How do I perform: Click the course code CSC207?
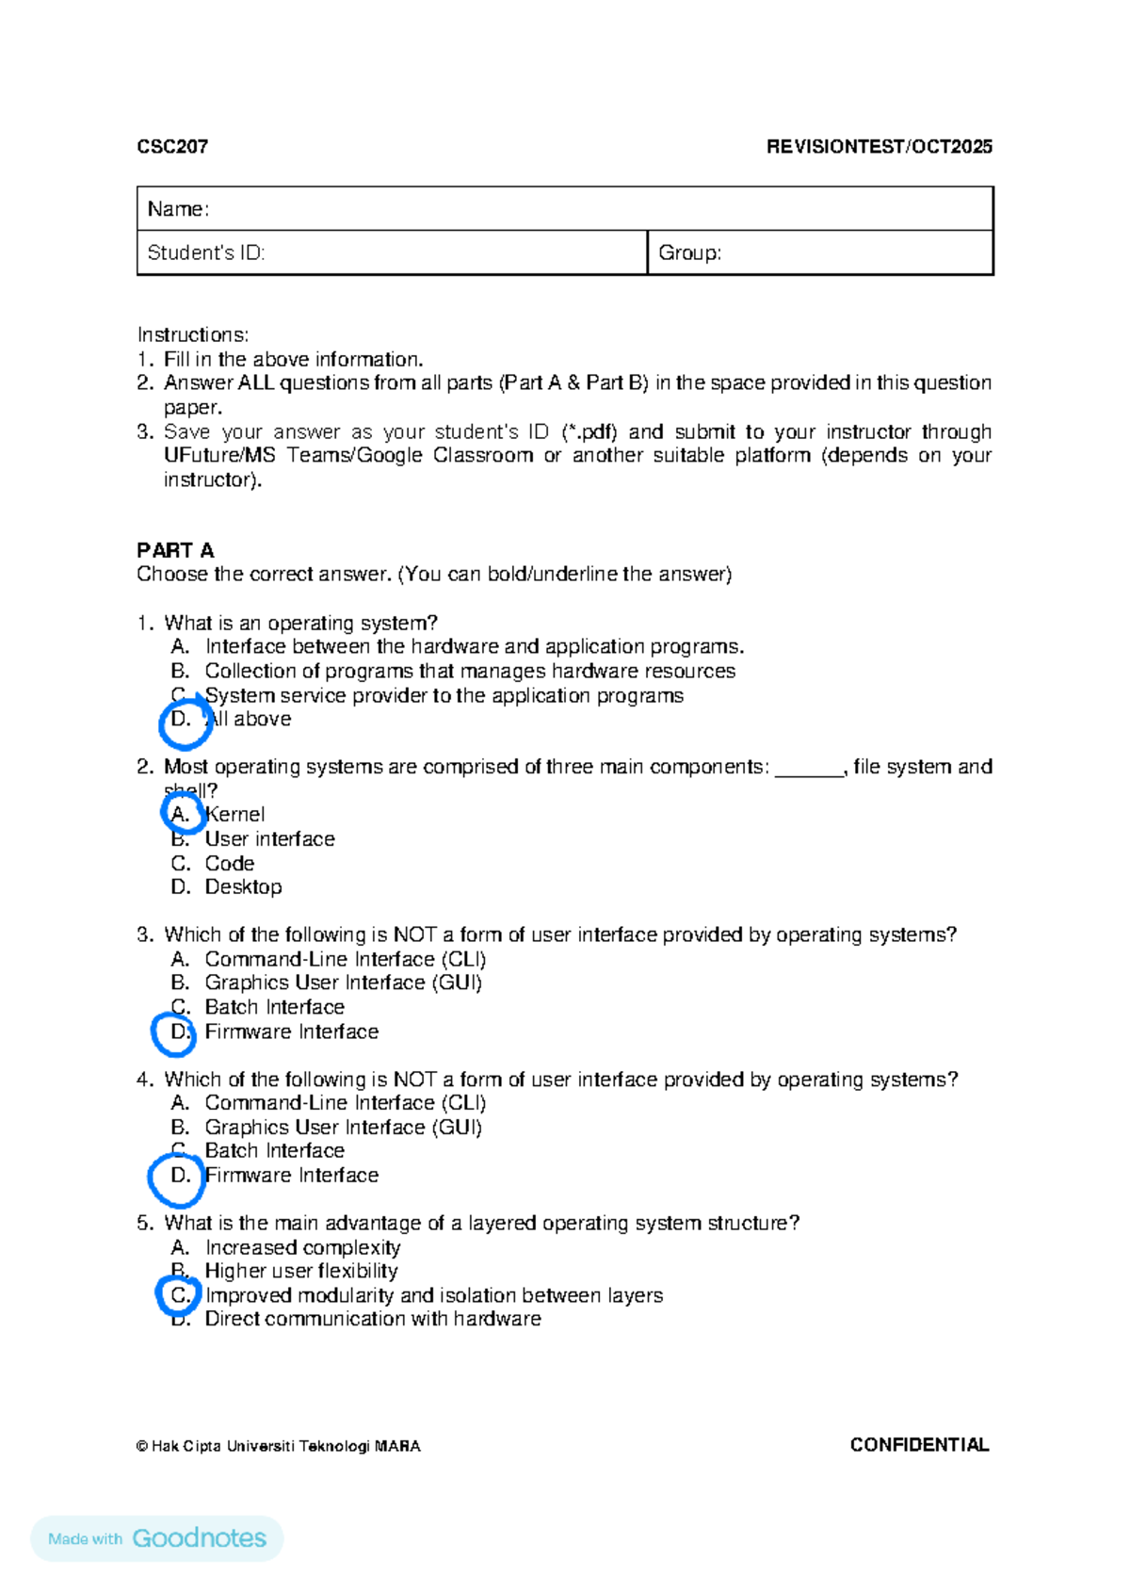pyautogui.click(x=172, y=146)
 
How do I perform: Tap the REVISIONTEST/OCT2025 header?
pyautogui.click(x=879, y=146)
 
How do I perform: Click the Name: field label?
pyautogui.click(x=178, y=209)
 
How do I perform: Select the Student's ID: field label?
pyautogui.click(x=205, y=252)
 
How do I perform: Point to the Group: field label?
pyautogui.click(x=689, y=252)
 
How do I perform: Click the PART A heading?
pyautogui.click(x=175, y=550)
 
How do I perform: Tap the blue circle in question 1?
pyautogui.click(x=185, y=722)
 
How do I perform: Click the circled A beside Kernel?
pyautogui.click(x=183, y=814)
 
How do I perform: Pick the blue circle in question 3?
pyautogui.click(x=174, y=1032)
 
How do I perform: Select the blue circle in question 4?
pyautogui.click(x=177, y=1178)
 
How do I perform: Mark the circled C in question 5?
pyautogui.click(x=178, y=1295)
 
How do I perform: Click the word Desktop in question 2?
pyautogui.click(x=243, y=887)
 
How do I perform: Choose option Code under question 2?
pyautogui.click(x=229, y=863)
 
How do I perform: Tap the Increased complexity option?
pyautogui.click(x=302, y=1247)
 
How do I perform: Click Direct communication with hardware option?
pyautogui.click(x=373, y=1319)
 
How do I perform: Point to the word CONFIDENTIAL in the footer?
pyautogui.click(x=919, y=1445)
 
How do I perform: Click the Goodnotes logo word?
pyautogui.click(x=200, y=1538)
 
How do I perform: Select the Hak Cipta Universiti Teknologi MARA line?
pyautogui.click(x=279, y=1446)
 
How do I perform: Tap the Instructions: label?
pyautogui.click(x=193, y=334)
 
